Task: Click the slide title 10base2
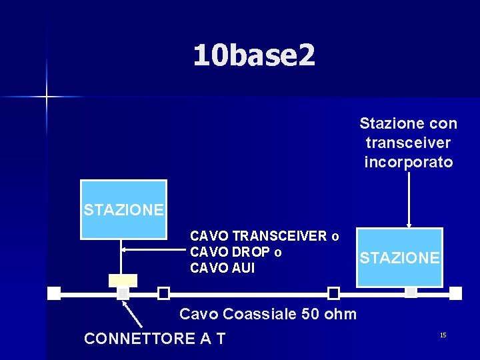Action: pos(254,55)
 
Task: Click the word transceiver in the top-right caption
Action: pos(408,143)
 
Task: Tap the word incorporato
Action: pos(408,162)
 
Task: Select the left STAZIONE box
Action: pos(123,209)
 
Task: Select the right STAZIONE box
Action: pos(399,257)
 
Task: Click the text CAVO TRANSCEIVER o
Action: pos(264,236)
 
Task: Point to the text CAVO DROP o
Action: pos(235,252)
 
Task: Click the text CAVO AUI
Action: pos(222,268)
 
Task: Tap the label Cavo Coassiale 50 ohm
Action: pos(268,314)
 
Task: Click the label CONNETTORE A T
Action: pos(155,339)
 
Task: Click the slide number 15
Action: pos(443,335)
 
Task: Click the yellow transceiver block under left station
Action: pos(123,281)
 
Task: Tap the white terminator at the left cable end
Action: pos(55,293)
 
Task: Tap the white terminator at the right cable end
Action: pos(455,293)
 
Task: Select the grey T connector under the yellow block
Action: pos(123,293)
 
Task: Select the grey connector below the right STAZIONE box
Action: pos(411,292)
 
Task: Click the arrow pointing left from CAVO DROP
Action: pos(153,249)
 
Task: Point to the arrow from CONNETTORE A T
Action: pos(134,314)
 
